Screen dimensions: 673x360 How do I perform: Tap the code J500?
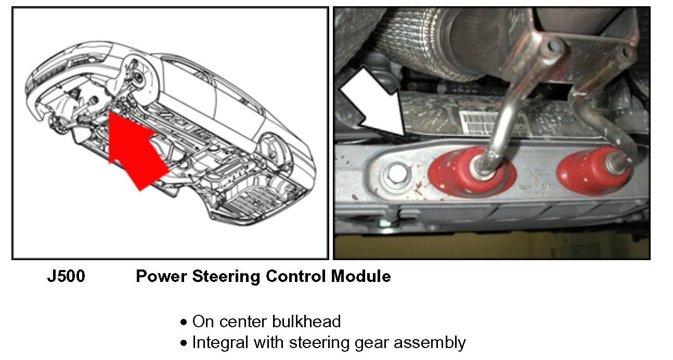66,276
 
